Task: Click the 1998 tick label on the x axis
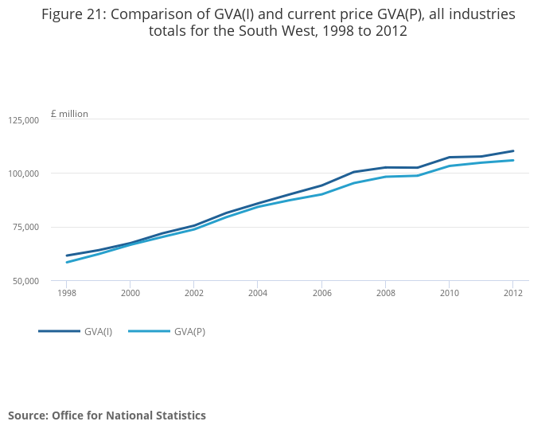pyautogui.click(x=66, y=293)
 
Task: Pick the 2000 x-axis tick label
pyautogui.click(x=130, y=293)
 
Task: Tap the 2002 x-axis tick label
pyautogui.click(x=193, y=293)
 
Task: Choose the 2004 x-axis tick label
pyautogui.click(x=257, y=293)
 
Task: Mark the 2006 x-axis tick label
pyautogui.click(x=321, y=293)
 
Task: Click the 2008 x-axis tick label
pyautogui.click(x=385, y=293)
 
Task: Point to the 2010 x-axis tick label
pyautogui.click(x=449, y=293)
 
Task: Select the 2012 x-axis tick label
pyautogui.click(x=512, y=293)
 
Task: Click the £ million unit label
pyautogui.click(x=69, y=114)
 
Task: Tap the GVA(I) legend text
pyautogui.click(x=98, y=331)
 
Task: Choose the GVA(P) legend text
pyautogui.click(x=189, y=331)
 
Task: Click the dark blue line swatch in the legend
pyautogui.click(x=59, y=331)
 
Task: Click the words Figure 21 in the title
pyautogui.click(x=74, y=14)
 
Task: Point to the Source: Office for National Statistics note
pyautogui.click(x=107, y=416)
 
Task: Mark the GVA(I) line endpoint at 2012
pyautogui.click(x=512, y=150)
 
